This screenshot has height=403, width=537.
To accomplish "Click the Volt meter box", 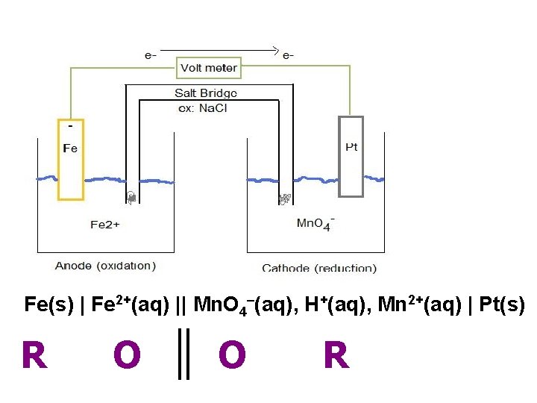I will (210, 68).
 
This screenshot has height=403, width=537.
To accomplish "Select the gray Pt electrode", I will (351, 156).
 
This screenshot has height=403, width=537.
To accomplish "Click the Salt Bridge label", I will (206, 93).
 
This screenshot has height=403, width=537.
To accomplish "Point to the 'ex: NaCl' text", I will (203, 107).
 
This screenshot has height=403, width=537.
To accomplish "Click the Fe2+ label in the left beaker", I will (105, 224).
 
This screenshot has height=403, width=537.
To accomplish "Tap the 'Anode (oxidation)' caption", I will (105, 266).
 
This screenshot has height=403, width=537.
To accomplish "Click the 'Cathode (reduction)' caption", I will (319, 268).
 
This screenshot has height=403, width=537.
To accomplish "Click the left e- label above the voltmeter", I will (150, 54).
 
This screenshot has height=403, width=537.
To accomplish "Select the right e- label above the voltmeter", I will (288, 54).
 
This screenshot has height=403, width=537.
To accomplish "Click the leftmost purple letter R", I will (34, 355).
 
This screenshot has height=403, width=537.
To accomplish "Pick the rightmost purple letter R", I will (336, 355).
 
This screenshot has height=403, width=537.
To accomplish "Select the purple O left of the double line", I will (127, 355).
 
